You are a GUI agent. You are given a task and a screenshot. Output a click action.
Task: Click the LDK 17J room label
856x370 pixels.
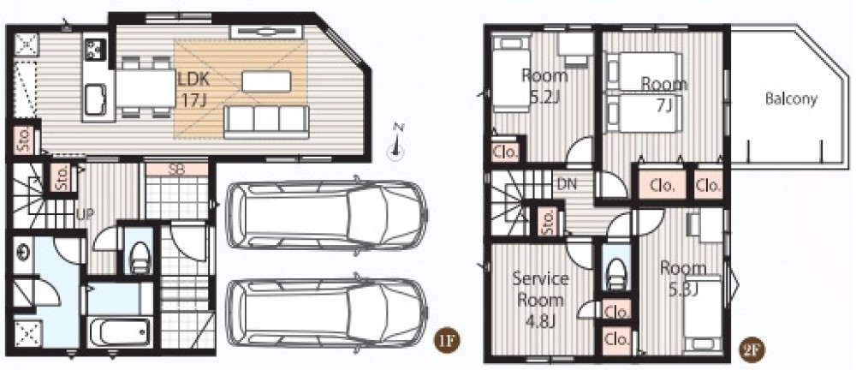pos(192,89)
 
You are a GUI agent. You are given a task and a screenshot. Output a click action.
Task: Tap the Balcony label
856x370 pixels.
pos(791,98)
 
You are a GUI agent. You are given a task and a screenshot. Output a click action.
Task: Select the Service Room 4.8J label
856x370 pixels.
pos(540,300)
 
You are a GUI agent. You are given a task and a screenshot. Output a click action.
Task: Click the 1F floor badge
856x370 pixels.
pos(447,342)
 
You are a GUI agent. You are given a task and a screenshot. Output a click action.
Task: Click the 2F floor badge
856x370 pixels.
pos(752,349)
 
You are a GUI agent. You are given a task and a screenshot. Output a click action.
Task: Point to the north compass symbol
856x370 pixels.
pos(396,143)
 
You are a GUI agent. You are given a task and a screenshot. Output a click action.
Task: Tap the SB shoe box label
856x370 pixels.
pos(175,170)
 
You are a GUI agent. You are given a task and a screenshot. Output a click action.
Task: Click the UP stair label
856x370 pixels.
pos(85,214)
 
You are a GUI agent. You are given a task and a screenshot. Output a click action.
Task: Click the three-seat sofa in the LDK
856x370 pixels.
pos(266,122)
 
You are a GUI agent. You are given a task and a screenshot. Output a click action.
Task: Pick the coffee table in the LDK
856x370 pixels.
pos(266,81)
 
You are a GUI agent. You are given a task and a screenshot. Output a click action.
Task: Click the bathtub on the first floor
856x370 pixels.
pos(120,332)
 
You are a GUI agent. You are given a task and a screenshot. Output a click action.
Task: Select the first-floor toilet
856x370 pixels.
pos(140,257)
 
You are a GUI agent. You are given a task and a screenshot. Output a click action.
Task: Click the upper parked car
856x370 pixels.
pos(326,214)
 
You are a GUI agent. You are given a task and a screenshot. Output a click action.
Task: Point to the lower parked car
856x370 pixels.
pos(326,313)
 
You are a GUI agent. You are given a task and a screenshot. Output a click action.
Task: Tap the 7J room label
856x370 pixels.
pos(664,93)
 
